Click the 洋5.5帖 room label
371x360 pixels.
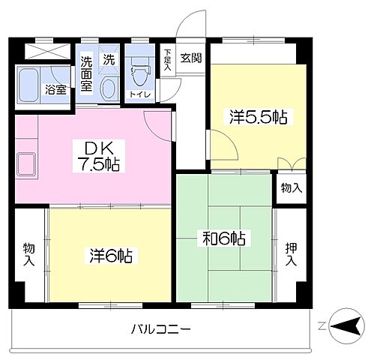coord(259,117)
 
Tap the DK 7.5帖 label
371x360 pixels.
coord(97,155)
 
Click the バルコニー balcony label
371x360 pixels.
coord(161,328)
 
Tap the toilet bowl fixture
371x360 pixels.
coord(139,75)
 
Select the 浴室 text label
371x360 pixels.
coord(55,90)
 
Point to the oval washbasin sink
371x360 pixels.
coord(109,86)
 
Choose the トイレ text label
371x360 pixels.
coord(139,94)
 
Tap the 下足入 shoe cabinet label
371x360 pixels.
coord(167,59)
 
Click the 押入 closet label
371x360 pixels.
coord(291,255)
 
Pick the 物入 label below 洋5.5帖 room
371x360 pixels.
coord(291,187)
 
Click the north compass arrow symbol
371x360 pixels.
coord(344,325)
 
